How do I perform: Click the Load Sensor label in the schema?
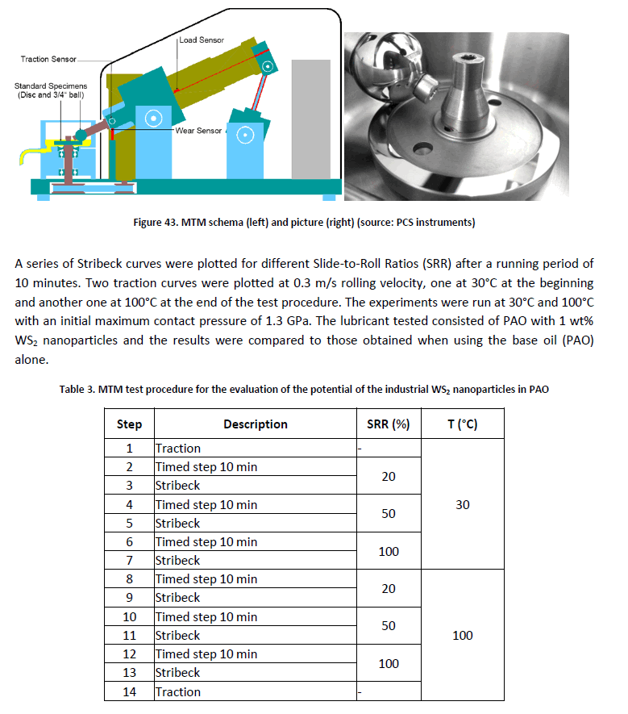[202, 40]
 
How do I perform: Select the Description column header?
[255, 424]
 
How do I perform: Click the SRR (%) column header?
[389, 424]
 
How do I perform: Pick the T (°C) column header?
[462, 424]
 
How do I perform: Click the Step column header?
[129, 424]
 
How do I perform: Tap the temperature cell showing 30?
[462, 504]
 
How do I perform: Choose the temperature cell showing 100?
[462, 635]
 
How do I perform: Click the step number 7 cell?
[129, 560]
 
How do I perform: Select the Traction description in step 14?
[178, 691]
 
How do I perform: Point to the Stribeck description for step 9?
[178, 598]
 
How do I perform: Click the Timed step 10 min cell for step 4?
[206, 504]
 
